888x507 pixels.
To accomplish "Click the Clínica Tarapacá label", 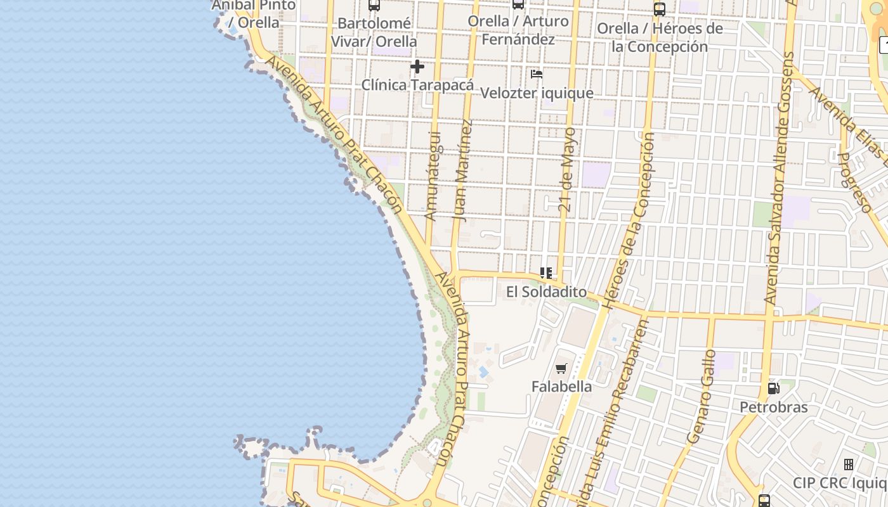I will tap(417, 85).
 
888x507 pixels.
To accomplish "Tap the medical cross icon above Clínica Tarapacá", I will tap(417, 67).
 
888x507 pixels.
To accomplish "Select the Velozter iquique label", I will tap(537, 93).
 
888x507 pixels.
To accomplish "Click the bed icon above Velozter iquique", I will tap(537, 74).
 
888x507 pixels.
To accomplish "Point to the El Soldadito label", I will tap(546, 292).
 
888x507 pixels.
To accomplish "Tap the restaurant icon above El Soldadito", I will tap(545, 273).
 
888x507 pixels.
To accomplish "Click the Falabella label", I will tap(561, 387).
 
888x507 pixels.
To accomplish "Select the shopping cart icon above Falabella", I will tap(561, 368).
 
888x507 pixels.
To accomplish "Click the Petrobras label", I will tap(773, 407).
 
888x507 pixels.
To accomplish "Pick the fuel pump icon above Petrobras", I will tap(773, 388).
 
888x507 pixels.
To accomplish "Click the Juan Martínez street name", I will tap(463, 170).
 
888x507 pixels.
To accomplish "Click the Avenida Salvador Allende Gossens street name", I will tap(780, 177).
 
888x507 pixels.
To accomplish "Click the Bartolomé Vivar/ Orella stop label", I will tap(374, 32).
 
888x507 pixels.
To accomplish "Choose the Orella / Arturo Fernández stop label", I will tap(518, 30).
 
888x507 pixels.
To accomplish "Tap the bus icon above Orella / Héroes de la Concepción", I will tap(660, 10).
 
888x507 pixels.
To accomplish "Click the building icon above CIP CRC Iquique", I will tap(849, 465).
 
